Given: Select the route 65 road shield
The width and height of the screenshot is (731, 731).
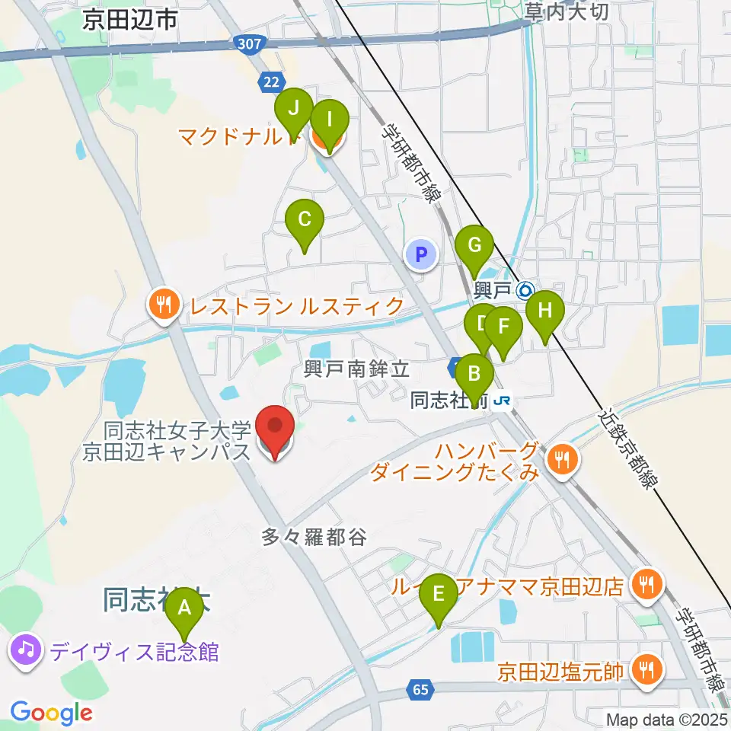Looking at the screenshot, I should [x=421, y=689].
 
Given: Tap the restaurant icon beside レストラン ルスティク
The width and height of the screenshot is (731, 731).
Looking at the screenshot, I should [x=163, y=306].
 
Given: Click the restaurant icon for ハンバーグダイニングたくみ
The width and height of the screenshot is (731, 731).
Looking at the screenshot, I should [x=563, y=458].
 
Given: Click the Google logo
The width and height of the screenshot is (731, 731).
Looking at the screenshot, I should [x=51, y=713].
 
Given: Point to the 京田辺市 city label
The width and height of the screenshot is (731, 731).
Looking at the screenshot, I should [x=130, y=20].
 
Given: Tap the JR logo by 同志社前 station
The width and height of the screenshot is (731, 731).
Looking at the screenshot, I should [x=501, y=400].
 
